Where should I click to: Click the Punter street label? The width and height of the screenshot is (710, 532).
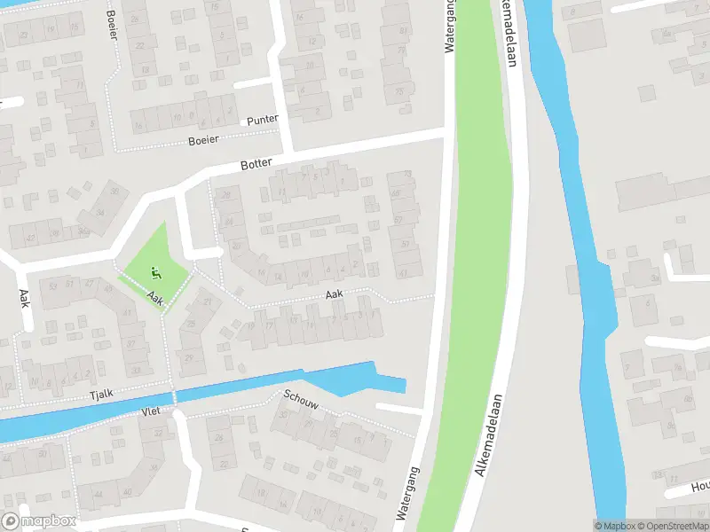click(263, 120)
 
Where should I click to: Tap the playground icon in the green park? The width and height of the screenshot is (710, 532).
click(157, 273)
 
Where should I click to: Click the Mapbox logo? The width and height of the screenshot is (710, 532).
click(38, 521)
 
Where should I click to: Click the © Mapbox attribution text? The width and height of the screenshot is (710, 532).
click(614, 526)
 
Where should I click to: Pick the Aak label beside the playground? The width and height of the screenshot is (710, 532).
click(156, 300)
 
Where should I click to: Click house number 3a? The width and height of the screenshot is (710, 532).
click(654, 278)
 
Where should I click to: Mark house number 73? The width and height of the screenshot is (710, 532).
click(399, 91)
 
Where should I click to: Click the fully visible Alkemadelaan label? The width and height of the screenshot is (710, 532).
click(491, 434)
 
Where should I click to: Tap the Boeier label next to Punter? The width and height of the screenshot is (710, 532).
click(202, 140)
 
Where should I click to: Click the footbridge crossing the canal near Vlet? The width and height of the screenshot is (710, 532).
click(174, 397)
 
